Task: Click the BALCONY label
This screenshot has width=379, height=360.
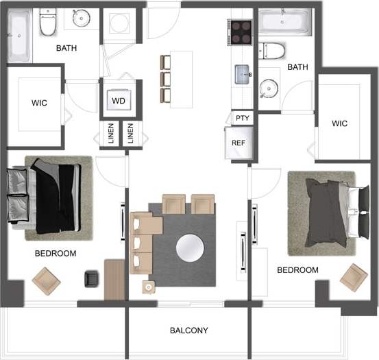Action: pos(188,331)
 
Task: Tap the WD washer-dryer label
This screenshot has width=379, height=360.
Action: pos(119,101)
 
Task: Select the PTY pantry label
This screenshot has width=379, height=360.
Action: pos(242,118)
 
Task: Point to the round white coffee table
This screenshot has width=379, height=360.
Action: pos(190,248)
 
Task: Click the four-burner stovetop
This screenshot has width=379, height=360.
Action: pos(241,31)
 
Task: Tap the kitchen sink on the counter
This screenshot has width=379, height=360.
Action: pos(242,73)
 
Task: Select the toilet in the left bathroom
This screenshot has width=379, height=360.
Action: pos(47,24)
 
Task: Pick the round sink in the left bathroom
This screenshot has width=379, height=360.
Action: pos(83,18)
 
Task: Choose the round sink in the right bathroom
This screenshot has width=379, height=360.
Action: pos(269,88)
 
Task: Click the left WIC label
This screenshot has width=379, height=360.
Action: pos(39,104)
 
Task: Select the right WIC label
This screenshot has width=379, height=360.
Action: pos(339,123)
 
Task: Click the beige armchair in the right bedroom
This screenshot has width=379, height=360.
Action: pos(353,276)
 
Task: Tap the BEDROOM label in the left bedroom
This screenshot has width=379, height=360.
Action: pos(56,253)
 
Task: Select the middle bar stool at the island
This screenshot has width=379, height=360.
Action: pos(164,77)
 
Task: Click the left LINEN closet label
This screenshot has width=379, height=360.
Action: pos(111,134)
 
